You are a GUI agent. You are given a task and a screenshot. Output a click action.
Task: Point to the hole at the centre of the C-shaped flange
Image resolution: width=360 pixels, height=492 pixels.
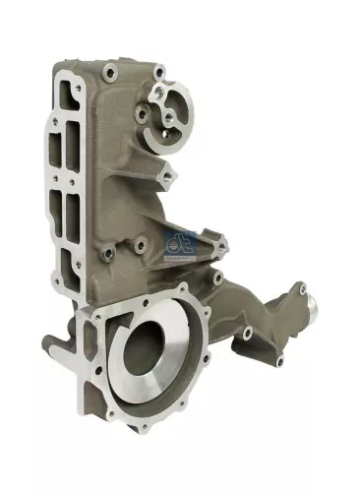tap(168, 116)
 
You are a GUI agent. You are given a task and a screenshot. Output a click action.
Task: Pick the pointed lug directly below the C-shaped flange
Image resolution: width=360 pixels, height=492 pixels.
tap(168, 175)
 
